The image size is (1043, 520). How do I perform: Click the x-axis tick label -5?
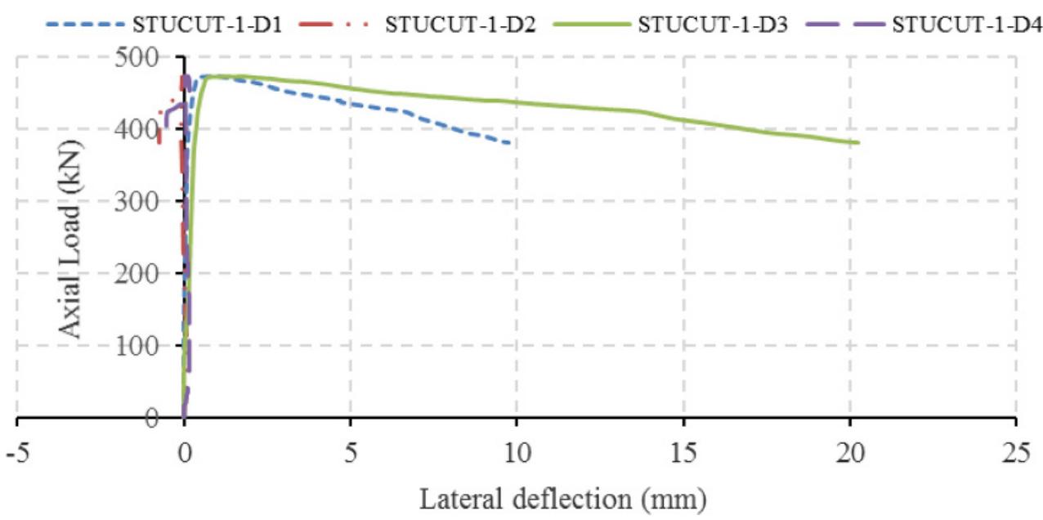(x=17, y=451)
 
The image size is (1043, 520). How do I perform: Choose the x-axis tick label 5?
(x=350, y=451)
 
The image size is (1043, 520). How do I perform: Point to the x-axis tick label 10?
(x=517, y=451)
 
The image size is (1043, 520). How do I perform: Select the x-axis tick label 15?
(x=683, y=451)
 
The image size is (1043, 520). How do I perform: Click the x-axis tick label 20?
(x=849, y=451)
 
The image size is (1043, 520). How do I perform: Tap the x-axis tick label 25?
(x=1016, y=451)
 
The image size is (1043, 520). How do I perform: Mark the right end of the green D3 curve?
(x=858, y=143)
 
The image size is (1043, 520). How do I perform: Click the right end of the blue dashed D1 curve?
(x=512, y=144)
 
